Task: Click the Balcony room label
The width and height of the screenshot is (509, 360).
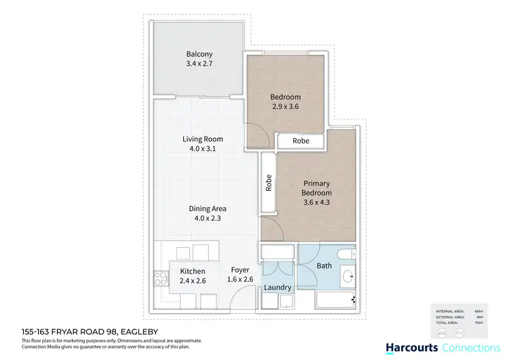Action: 200,54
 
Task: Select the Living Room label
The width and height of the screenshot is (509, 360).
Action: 202,139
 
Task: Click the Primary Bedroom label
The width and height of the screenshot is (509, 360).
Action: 316,188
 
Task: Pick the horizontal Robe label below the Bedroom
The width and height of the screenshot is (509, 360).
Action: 301,141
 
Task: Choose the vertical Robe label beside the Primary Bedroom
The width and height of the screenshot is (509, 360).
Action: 269,183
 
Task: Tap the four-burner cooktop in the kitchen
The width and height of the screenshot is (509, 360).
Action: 161,278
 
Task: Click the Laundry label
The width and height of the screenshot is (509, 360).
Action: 278,287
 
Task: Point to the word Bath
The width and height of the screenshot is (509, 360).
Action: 324,266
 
